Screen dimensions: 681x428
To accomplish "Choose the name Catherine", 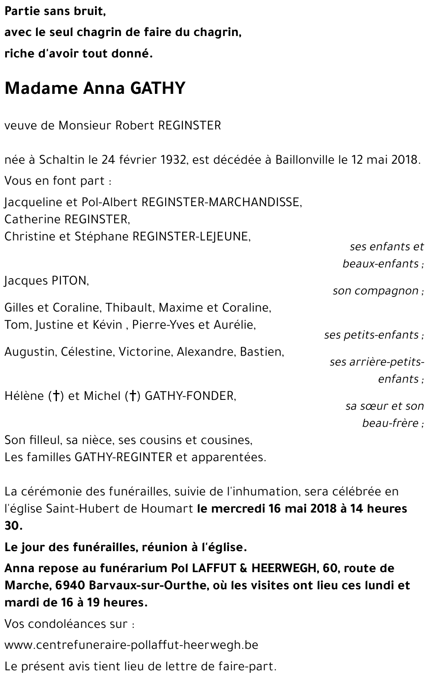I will pyautogui.click(x=33, y=219).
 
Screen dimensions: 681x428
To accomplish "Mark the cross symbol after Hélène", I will pyautogui.click(x=55, y=396).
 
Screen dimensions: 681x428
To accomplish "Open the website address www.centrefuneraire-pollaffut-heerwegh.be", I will pyautogui.click(x=131, y=645).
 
